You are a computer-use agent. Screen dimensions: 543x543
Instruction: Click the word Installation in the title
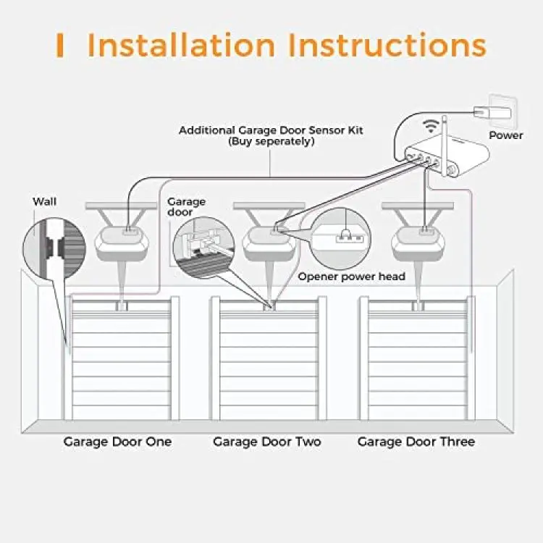pyautogui.click(x=181, y=45)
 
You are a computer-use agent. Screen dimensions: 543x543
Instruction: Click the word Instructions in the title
pyautogui.click(x=387, y=45)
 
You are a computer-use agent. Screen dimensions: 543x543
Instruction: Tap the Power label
pyautogui.click(x=505, y=135)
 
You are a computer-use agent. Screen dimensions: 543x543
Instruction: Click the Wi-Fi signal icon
pyautogui.click(x=432, y=126)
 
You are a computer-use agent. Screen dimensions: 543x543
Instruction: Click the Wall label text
pyautogui.click(x=44, y=201)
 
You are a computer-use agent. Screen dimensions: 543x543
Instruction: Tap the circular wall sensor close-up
pyautogui.click(x=50, y=246)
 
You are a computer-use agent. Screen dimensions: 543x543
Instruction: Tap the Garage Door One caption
pyautogui.click(x=117, y=442)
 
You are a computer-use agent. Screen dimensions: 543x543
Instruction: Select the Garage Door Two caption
pyautogui.click(x=267, y=442)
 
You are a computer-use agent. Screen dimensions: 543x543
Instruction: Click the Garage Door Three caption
pyautogui.click(x=416, y=442)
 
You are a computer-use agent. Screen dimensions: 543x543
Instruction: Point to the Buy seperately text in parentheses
pyautogui.click(x=271, y=142)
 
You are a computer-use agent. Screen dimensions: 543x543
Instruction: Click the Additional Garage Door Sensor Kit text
pyautogui.click(x=271, y=130)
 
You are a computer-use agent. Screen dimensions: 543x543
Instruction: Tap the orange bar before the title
pyautogui.click(x=60, y=46)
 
